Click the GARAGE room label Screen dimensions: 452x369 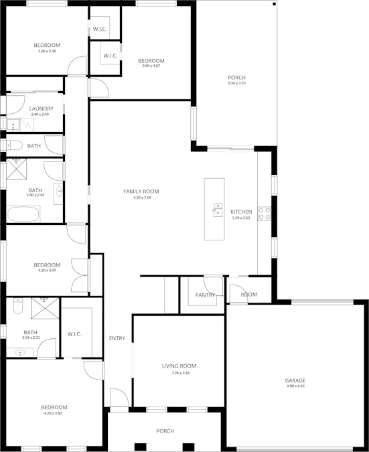[x=295, y=380]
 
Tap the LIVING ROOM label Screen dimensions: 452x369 [x=179, y=366]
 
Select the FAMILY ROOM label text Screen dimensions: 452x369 [x=141, y=192]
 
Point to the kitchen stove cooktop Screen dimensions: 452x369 [x=265, y=213]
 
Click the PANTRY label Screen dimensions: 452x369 [x=205, y=295]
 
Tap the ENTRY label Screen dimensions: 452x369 [x=117, y=338]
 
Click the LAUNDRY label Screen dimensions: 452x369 [x=41, y=108]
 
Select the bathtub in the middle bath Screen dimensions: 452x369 [x=23, y=214]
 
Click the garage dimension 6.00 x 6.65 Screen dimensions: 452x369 [x=295, y=386]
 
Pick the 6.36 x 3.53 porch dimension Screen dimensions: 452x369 [x=237, y=84]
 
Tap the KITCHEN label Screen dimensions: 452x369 [x=241, y=212]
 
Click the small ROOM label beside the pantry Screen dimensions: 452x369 [x=249, y=295]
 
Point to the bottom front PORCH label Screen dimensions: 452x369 [x=165, y=431]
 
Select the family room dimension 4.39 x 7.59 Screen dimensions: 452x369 [x=141, y=198]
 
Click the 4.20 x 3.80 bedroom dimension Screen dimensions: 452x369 [x=54, y=413]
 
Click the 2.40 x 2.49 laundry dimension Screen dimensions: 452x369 [x=40, y=115]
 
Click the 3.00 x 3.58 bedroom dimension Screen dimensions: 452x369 [x=47, y=51]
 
